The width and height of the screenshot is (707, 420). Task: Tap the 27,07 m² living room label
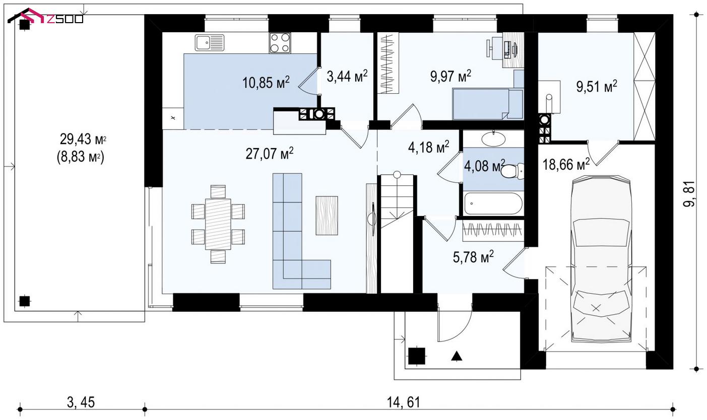tap(270, 154)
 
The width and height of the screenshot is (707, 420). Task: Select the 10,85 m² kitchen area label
tap(266, 83)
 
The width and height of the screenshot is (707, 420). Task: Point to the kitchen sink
tap(210, 43)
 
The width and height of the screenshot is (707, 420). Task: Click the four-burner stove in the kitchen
tap(280, 43)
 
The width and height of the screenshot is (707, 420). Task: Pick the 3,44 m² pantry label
tap(347, 76)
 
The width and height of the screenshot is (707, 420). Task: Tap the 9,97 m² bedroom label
tap(451, 76)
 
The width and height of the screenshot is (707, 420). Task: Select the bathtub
tap(493, 203)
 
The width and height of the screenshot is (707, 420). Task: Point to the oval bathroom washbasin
tap(493, 139)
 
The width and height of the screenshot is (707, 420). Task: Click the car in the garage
tap(601, 259)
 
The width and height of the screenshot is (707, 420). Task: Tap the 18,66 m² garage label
tap(566, 165)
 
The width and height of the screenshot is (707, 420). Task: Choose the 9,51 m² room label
tap(597, 87)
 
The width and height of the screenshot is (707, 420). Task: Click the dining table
tap(218, 224)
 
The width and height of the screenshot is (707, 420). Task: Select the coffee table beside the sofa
tap(327, 216)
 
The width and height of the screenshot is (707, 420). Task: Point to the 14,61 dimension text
tap(404, 402)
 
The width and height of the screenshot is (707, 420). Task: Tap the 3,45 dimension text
tap(81, 402)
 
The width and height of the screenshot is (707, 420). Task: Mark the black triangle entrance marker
tap(457, 356)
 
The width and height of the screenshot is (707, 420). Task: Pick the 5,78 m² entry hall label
tap(473, 257)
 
